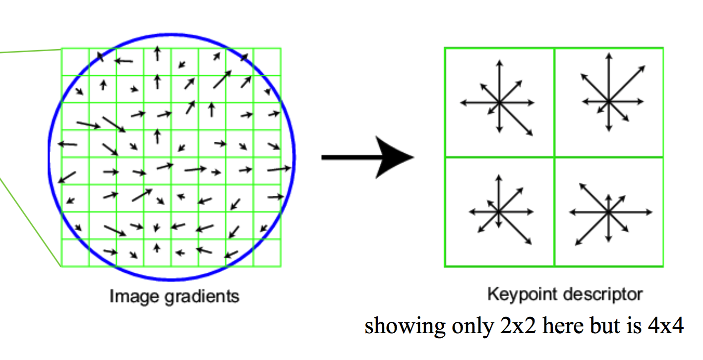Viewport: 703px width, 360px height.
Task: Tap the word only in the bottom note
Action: pyautogui.click(x=463, y=327)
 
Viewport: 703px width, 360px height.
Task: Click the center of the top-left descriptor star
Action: pyautogui.click(x=499, y=103)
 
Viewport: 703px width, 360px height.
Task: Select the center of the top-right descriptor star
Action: pyautogui.click(x=608, y=101)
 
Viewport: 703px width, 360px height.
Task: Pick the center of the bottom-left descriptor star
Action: pyautogui.click(x=499, y=212)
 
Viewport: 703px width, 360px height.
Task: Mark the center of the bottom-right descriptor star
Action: pyautogui.click(x=608, y=212)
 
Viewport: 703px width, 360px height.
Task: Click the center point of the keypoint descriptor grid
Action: pyautogui.click(x=554, y=157)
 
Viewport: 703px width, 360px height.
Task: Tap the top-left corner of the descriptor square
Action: pyautogui.click(x=445, y=48)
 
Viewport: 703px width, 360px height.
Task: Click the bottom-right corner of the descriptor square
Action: pyautogui.click(x=663, y=267)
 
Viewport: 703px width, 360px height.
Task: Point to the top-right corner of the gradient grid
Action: pyautogui.click(x=281, y=49)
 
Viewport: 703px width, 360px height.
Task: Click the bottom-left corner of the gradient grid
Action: pyautogui.click(x=61, y=267)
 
